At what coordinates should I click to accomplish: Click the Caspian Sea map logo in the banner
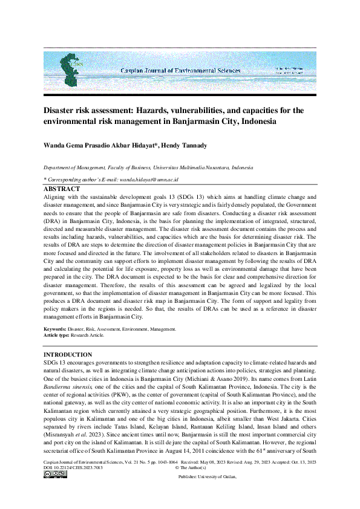click(72, 68)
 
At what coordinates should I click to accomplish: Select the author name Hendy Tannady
click(189, 146)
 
